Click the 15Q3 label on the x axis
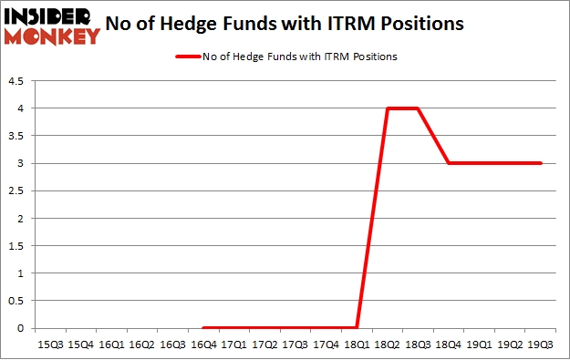click(x=49, y=345)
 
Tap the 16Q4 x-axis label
click(x=203, y=345)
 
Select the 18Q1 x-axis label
click(x=357, y=345)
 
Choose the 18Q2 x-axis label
click(x=388, y=345)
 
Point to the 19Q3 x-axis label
click(x=541, y=345)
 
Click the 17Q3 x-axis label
click(x=295, y=345)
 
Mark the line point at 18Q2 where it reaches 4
click(x=388, y=108)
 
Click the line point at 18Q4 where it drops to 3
click(x=449, y=163)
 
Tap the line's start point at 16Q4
click(x=203, y=328)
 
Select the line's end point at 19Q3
click(x=541, y=163)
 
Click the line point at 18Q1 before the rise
click(x=357, y=328)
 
